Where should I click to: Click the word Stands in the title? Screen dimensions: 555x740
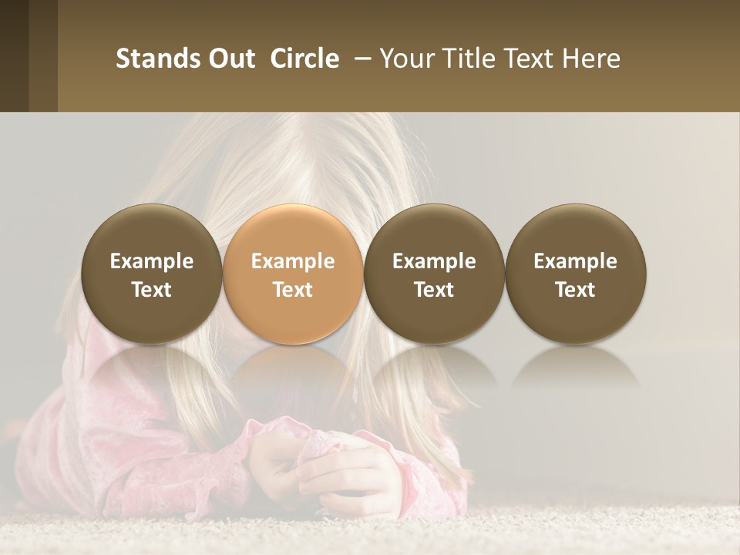pyautogui.click(x=158, y=59)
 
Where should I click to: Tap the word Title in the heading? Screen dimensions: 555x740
pyautogui.click(x=468, y=59)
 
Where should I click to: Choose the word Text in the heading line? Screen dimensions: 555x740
pyautogui.click(x=530, y=59)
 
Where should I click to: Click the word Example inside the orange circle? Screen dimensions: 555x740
pyautogui.click(x=293, y=261)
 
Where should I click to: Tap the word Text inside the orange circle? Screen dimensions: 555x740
pyautogui.click(x=293, y=290)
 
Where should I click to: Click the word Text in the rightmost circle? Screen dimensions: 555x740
pyautogui.click(x=575, y=290)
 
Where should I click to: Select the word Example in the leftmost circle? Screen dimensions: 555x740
pyautogui.click(x=152, y=261)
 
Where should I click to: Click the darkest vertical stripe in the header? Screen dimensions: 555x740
pyautogui.click(x=14, y=55)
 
